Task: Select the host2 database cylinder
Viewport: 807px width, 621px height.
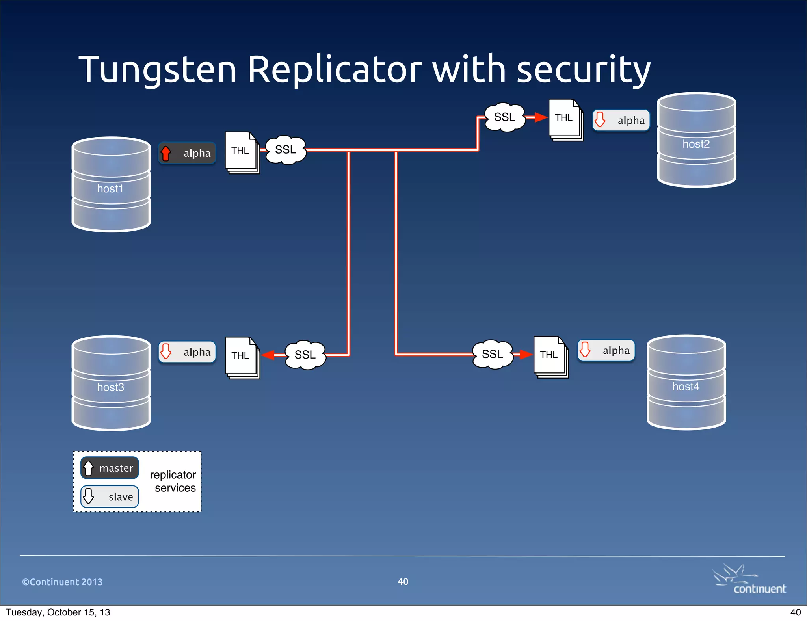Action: (696, 140)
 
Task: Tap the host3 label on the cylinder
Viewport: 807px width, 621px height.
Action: (110, 387)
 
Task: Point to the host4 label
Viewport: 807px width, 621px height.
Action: (686, 387)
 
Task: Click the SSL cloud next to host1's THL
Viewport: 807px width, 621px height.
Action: (286, 150)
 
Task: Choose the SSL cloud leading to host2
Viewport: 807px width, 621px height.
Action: (505, 117)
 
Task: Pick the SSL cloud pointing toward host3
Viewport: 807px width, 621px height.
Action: (305, 355)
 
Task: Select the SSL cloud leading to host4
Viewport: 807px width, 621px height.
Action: (493, 354)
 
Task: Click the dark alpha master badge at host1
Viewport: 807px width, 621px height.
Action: (187, 153)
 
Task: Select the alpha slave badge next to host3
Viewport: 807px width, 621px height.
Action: (187, 352)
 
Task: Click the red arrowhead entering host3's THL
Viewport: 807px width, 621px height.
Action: (268, 355)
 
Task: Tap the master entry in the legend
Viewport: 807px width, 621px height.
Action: (110, 468)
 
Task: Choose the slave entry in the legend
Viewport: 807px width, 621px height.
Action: (110, 496)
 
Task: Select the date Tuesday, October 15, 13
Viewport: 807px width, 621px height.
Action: (58, 612)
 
